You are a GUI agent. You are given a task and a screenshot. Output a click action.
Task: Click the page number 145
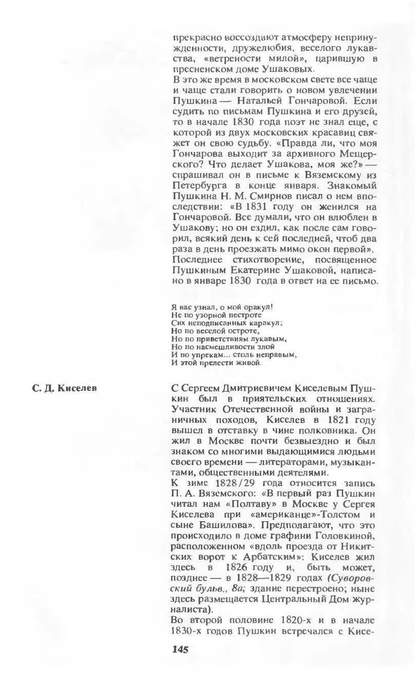(x=180, y=649)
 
